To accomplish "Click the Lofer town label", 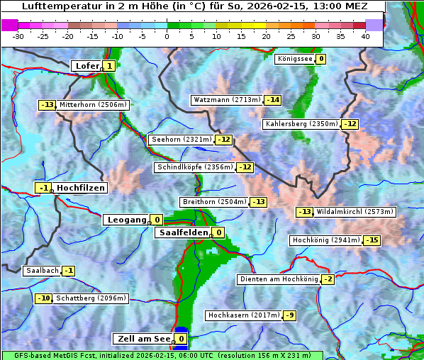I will [x=87, y=66].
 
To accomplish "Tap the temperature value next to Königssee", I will [x=321, y=59].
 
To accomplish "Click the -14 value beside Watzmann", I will [x=273, y=100].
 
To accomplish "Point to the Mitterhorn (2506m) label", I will [x=94, y=105].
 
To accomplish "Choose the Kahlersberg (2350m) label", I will [x=301, y=124].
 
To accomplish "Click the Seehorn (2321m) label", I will [x=182, y=140].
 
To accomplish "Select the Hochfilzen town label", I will [x=81, y=188].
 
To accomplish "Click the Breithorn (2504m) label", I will [x=214, y=202].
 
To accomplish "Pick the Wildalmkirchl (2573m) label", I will [x=355, y=212].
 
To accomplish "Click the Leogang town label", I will [x=126, y=220].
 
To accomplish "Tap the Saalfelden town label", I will [x=184, y=232].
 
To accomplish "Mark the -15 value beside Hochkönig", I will [x=372, y=240].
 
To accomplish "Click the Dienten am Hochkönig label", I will [x=279, y=279].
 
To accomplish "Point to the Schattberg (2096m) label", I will [x=91, y=298].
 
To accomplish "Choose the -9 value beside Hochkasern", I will [x=290, y=315].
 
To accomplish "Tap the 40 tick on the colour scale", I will [x=365, y=35].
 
